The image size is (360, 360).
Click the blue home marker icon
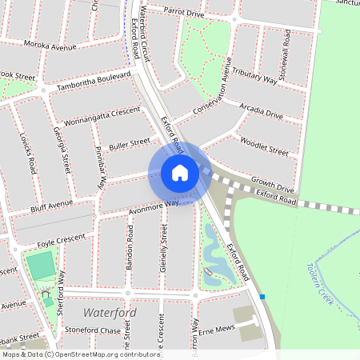(x=180, y=173)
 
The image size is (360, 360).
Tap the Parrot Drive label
(x=184, y=13)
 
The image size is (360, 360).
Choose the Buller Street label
(x=129, y=145)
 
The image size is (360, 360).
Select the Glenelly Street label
(x=163, y=249)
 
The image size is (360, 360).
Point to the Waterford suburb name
(x=110, y=312)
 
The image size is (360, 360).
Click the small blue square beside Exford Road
(x=262, y=297)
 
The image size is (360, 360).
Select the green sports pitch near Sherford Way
(x=40, y=266)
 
